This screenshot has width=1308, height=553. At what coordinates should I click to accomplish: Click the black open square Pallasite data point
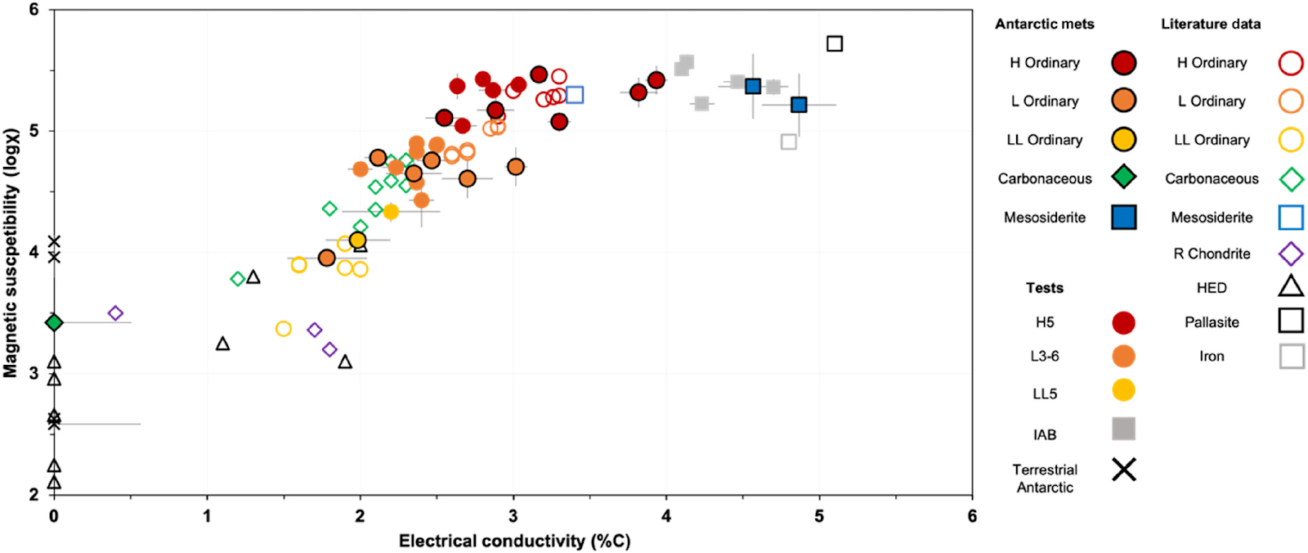(834, 43)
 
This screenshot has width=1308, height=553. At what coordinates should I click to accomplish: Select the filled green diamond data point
(54, 322)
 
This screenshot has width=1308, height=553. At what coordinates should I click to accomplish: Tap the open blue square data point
(574, 95)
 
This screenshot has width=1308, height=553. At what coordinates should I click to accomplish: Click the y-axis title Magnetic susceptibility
(11, 253)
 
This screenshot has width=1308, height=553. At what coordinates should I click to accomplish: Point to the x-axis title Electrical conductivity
(514, 541)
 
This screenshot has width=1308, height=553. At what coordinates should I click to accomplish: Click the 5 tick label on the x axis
(819, 516)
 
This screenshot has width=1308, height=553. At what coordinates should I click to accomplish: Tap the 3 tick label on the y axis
(34, 374)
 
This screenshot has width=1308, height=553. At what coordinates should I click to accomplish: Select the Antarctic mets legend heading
(1044, 25)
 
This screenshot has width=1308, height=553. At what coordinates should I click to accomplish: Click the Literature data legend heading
(1211, 25)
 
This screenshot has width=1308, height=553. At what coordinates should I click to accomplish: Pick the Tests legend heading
(1044, 288)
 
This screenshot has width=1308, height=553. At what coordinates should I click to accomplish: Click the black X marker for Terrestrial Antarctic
(1124, 470)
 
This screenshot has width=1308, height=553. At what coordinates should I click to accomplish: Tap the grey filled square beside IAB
(1124, 429)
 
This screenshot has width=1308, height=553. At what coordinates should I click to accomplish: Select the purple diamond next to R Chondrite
(1291, 254)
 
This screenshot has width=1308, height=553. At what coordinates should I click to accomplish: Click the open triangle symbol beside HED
(1291, 286)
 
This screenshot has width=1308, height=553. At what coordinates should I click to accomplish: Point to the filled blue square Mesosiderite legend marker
(1124, 217)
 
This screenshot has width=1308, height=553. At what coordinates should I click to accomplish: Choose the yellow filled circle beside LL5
(1124, 390)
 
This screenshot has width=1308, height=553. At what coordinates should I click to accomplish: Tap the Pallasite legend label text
(1212, 322)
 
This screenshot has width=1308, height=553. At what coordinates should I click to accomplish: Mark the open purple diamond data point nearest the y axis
(115, 313)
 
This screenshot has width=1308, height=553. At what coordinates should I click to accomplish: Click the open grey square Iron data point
(788, 142)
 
